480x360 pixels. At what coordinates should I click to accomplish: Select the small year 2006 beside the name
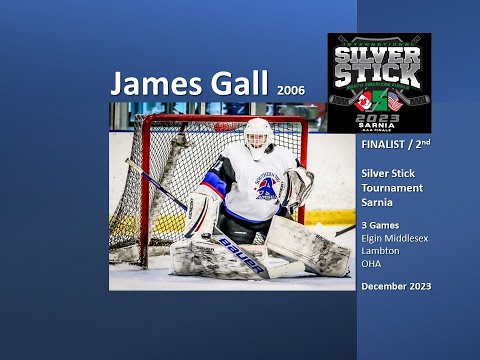[x=287, y=89]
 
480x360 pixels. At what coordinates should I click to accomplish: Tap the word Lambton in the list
[x=381, y=239]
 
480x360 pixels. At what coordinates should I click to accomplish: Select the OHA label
[x=372, y=252]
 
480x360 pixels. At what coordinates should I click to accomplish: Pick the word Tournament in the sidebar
[x=392, y=187]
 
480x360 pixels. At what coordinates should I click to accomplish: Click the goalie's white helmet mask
[x=258, y=136]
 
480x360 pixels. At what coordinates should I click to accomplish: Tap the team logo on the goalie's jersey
[x=267, y=187]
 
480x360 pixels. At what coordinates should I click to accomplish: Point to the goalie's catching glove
[x=298, y=186]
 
